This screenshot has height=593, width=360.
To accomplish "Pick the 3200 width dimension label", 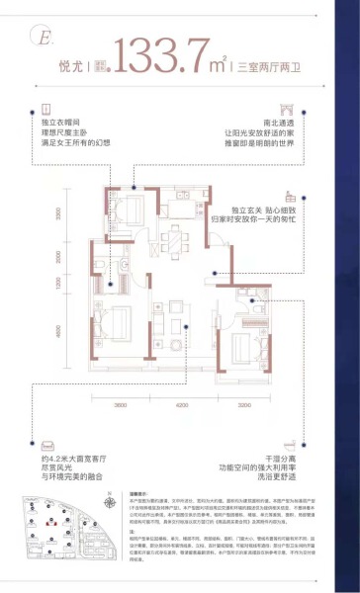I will [x=242, y=405].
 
